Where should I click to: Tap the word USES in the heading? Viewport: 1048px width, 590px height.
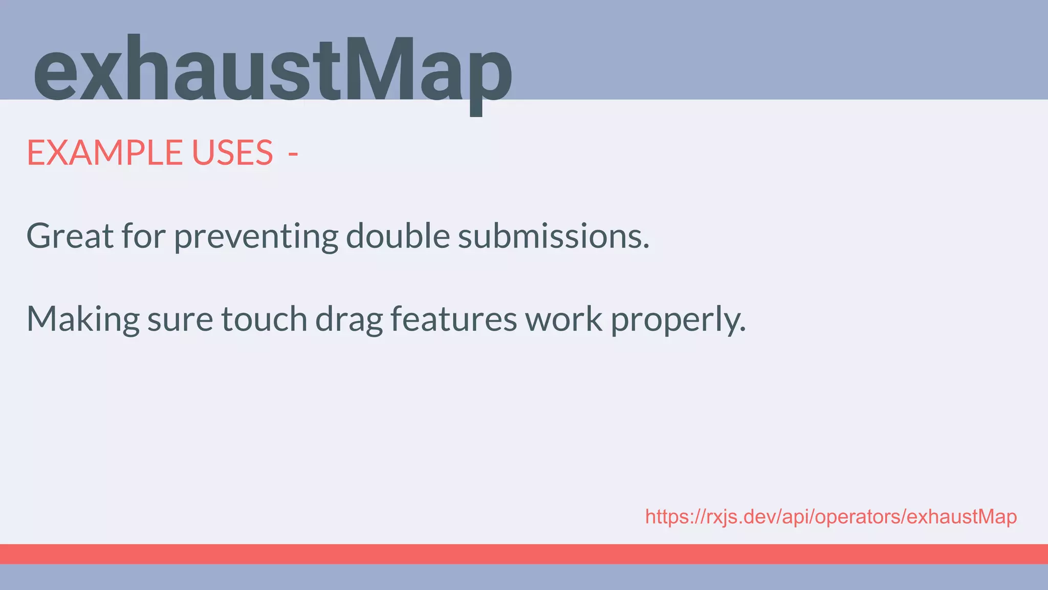[232, 153]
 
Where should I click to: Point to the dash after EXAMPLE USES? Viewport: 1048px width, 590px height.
[293, 153]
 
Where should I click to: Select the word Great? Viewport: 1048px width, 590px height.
[70, 236]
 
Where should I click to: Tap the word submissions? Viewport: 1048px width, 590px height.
[550, 236]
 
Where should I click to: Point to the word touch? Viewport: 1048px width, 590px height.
[264, 319]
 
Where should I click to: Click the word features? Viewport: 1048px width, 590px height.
[454, 319]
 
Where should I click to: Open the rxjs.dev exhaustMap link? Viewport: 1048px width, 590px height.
[831, 517]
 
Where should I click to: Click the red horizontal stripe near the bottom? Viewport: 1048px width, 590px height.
[524, 554]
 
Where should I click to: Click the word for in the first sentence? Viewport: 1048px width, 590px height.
[143, 236]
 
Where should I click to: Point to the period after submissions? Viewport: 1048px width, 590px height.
[646, 246]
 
